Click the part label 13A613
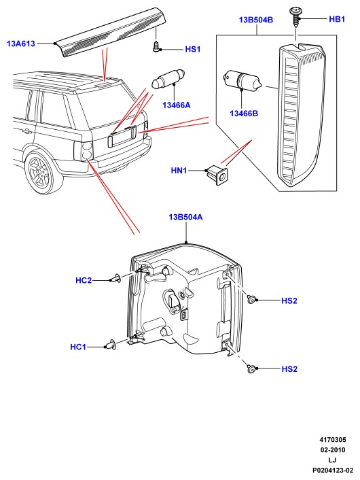[21, 44]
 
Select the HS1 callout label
[193, 49]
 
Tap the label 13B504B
[256, 20]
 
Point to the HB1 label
[337, 19]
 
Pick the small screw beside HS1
[156, 47]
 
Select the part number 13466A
[177, 105]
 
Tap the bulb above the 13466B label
[242, 80]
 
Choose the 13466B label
[244, 114]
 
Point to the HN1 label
[179, 170]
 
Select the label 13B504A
[185, 218]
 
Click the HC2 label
[84, 280]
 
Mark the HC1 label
[78, 347]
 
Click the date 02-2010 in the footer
[332, 450]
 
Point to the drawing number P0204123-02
[332, 470]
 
